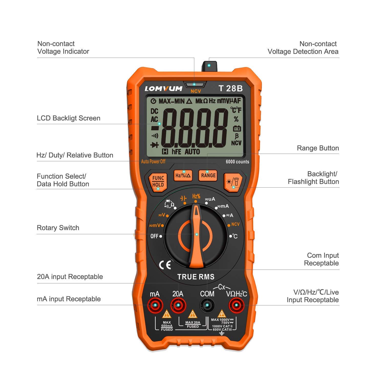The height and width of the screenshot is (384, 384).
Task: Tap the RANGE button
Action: coord(208,175)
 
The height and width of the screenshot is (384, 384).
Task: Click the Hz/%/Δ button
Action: coord(183,175)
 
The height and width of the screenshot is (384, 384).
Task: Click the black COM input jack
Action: coord(207,305)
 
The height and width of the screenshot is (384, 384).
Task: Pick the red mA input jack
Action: coord(155,305)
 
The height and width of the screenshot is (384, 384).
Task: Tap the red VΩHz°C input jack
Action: coord(236,305)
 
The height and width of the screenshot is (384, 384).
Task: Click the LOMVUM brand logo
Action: coord(164,89)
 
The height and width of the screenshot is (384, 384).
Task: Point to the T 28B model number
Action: coord(230,88)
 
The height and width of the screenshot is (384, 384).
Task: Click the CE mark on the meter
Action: coord(165,265)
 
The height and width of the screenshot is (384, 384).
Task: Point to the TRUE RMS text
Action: coord(196,277)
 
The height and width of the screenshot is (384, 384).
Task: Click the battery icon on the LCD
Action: coord(237,128)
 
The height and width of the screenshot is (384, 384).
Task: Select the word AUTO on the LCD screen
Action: coord(192,152)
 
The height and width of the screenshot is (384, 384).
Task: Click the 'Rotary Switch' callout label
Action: coord(58,228)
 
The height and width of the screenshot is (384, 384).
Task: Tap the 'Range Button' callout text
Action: coord(318,148)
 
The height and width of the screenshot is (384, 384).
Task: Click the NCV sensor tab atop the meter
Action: coord(209,66)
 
